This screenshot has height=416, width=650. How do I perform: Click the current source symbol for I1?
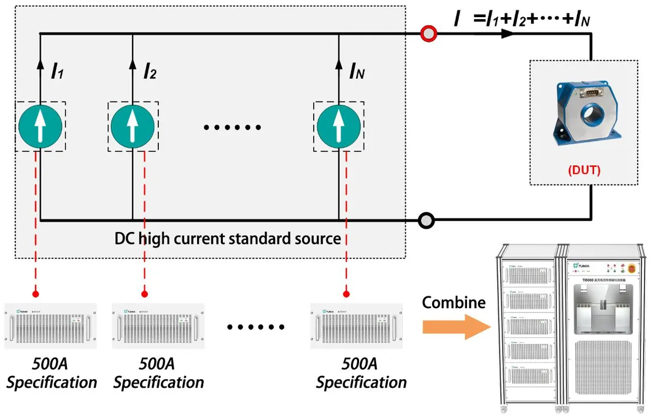(40, 125)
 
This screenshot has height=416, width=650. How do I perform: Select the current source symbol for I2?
(133, 125)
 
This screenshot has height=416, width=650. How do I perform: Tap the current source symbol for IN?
(338, 125)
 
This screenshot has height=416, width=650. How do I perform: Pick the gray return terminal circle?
(425, 219)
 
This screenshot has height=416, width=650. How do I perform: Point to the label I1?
(57, 72)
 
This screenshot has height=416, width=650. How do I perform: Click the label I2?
(149, 72)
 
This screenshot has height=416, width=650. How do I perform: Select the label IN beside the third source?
(357, 72)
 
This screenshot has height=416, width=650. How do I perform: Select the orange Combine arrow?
(455, 326)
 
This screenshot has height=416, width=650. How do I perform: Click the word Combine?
(454, 302)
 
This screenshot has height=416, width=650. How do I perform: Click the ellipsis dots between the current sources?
(232, 128)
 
